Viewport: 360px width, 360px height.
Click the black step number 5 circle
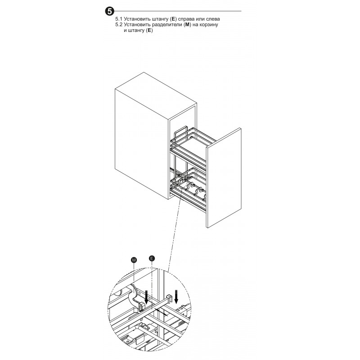(109, 11)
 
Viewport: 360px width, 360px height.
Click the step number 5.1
(119, 19)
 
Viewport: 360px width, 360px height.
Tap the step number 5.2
(119, 25)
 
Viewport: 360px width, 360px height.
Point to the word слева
(212, 19)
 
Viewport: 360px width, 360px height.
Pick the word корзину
(208, 25)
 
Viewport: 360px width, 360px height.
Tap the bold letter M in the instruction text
(187, 25)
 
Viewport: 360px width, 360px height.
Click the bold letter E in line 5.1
(174, 19)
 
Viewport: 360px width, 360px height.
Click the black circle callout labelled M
(134, 260)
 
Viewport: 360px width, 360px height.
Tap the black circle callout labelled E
(152, 258)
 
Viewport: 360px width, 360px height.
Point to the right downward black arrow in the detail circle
(176, 297)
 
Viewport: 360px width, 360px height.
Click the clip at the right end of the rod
(169, 298)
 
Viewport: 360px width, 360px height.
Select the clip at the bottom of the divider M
(141, 307)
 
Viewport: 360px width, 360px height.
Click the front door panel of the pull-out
(224, 178)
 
